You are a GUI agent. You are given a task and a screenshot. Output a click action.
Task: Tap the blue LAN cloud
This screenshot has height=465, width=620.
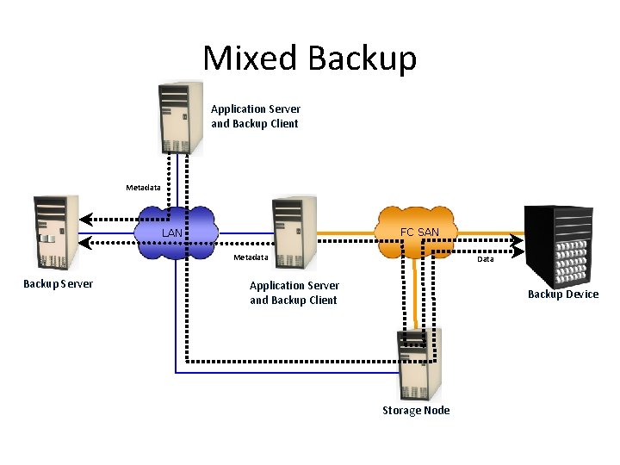(175, 231)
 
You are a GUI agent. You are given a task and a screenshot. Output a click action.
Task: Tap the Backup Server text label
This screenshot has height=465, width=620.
(59, 284)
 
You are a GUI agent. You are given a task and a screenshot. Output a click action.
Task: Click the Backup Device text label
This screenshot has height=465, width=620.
(562, 294)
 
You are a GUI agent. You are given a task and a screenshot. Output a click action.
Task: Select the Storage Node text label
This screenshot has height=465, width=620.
(416, 411)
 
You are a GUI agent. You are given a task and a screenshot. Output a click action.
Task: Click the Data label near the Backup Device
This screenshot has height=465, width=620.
(486, 258)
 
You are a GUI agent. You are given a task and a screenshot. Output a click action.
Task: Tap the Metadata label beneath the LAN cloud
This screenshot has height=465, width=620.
(251, 257)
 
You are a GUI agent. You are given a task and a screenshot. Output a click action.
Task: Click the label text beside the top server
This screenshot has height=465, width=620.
(256, 116)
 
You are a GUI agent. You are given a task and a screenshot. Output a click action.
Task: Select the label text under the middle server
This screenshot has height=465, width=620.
(294, 293)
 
